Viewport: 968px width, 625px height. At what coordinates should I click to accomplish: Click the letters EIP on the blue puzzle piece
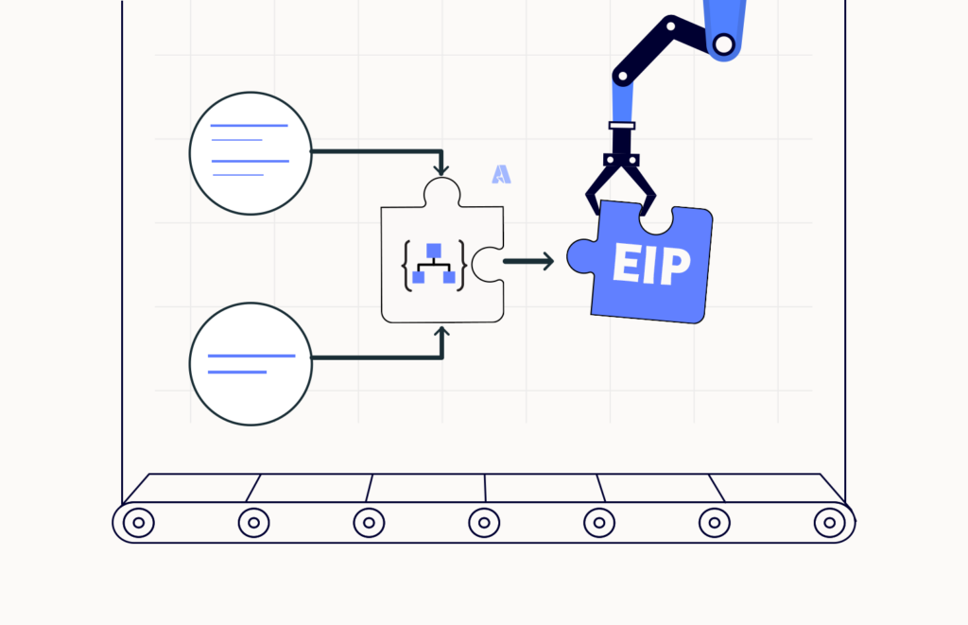(651, 265)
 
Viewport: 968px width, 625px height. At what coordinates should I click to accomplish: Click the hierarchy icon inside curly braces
(434, 265)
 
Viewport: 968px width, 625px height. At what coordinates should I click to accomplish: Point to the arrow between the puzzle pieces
(529, 261)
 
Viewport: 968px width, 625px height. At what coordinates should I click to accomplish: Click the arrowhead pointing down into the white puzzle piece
(441, 168)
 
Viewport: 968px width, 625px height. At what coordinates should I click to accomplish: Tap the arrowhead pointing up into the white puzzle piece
(441, 334)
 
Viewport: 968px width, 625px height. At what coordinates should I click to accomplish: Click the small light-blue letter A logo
(501, 174)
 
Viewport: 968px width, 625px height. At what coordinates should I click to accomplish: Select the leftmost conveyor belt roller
(139, 523)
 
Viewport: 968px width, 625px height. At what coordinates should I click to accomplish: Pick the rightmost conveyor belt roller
(830, 523)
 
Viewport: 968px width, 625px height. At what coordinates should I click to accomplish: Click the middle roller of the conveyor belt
(484, 523)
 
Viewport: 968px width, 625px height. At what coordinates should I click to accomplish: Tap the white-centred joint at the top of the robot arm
(723, 44)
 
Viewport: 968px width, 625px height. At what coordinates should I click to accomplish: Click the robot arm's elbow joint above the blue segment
(623, 77)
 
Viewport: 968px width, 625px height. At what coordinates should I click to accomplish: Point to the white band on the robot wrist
(622, 126)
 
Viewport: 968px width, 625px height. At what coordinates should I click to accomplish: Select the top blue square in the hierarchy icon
(434, 251)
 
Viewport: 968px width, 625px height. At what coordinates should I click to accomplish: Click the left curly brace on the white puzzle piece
(406, 265)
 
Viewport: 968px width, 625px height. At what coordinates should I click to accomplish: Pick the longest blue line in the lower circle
(251, 356)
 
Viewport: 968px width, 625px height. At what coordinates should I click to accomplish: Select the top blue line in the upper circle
(250, 126)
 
